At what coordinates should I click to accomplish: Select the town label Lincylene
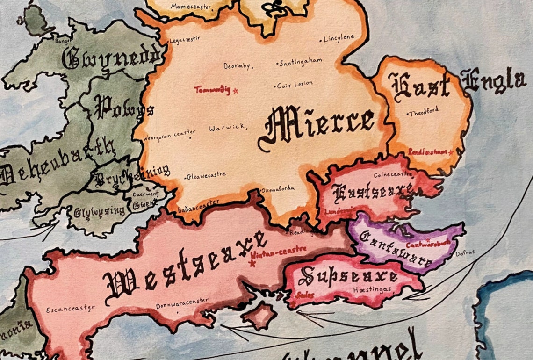click(x=339, y=39)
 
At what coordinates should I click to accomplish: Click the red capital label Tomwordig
click(x=212, y=90)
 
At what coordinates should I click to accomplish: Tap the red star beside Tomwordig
click(x=236, y=90)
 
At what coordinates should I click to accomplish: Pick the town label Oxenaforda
click(x=278, y=189)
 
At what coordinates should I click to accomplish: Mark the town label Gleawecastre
click(x=206, y=176)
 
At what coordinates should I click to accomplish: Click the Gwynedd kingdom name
click(x=112, y=59)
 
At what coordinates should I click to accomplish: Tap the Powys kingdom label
click(x=124, y=108)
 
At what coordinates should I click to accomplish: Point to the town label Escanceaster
click(x=71, y=309)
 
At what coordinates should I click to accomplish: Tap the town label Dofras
click(x=465, y=252)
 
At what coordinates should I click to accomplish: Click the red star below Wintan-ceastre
click(x=253, y=264)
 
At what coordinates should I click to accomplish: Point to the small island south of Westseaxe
click(x=259, y=316)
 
